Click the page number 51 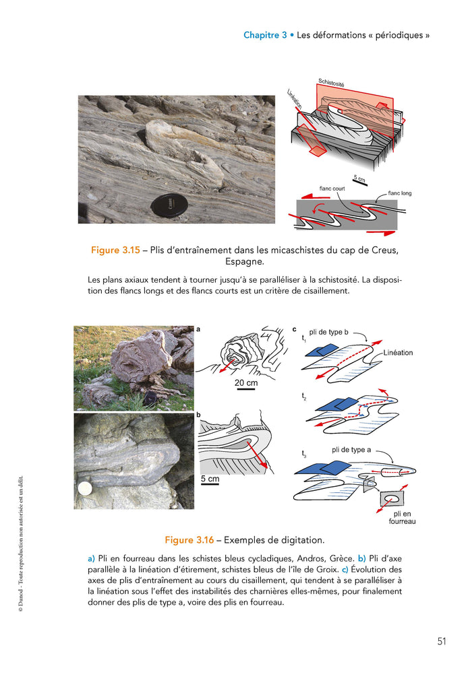(x=442, y=641)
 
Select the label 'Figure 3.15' (x=115, y=250)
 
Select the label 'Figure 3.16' (x=189, y=539)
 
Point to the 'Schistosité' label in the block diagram (x=331, y=83)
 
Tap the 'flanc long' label (x=399, y=193)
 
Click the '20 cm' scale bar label (x=245, y=382)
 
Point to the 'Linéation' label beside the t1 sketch (x=398, y=353)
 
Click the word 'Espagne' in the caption (x=245, y=261)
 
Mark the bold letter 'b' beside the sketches (x=198, y=415)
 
